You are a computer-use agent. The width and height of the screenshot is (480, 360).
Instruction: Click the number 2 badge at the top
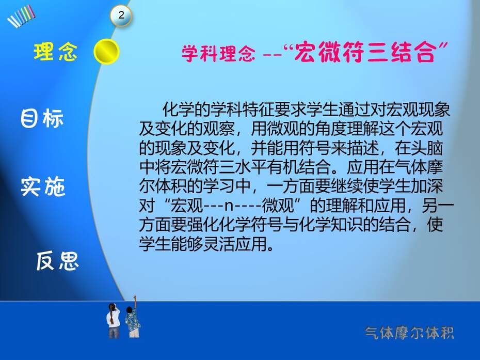pyautogui.click(x=121, y=15)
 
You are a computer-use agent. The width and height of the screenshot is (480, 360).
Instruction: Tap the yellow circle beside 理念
pyautogui.click(x=106, y=52)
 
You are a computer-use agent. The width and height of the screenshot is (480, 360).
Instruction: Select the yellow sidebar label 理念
pyautogui.click(x=55, y=52)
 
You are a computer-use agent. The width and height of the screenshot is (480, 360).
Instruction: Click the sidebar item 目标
pyautogui.click(x=42, y=118)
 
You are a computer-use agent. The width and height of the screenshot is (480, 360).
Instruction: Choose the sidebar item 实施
pyautogui.click(x=43, y=186)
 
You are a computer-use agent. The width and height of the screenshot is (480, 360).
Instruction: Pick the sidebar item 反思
pyautogui.click(x=58, y=261)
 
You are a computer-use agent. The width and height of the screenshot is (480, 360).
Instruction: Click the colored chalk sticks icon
pyautogui.click(x=21, y=16)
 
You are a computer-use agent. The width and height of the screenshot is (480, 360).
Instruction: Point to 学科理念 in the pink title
pyautogui.click(x=218, y=53)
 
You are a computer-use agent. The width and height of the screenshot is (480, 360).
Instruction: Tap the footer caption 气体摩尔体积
pyautogui.click(x=409, y=333)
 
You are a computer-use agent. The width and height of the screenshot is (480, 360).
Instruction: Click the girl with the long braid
pyautogui.click(x=113, y=320)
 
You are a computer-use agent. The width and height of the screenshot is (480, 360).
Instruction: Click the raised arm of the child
pyautogui.click(x=135, y=302)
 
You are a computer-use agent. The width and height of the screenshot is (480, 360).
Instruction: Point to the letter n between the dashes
pyautogui.click(x=229, y=206)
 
